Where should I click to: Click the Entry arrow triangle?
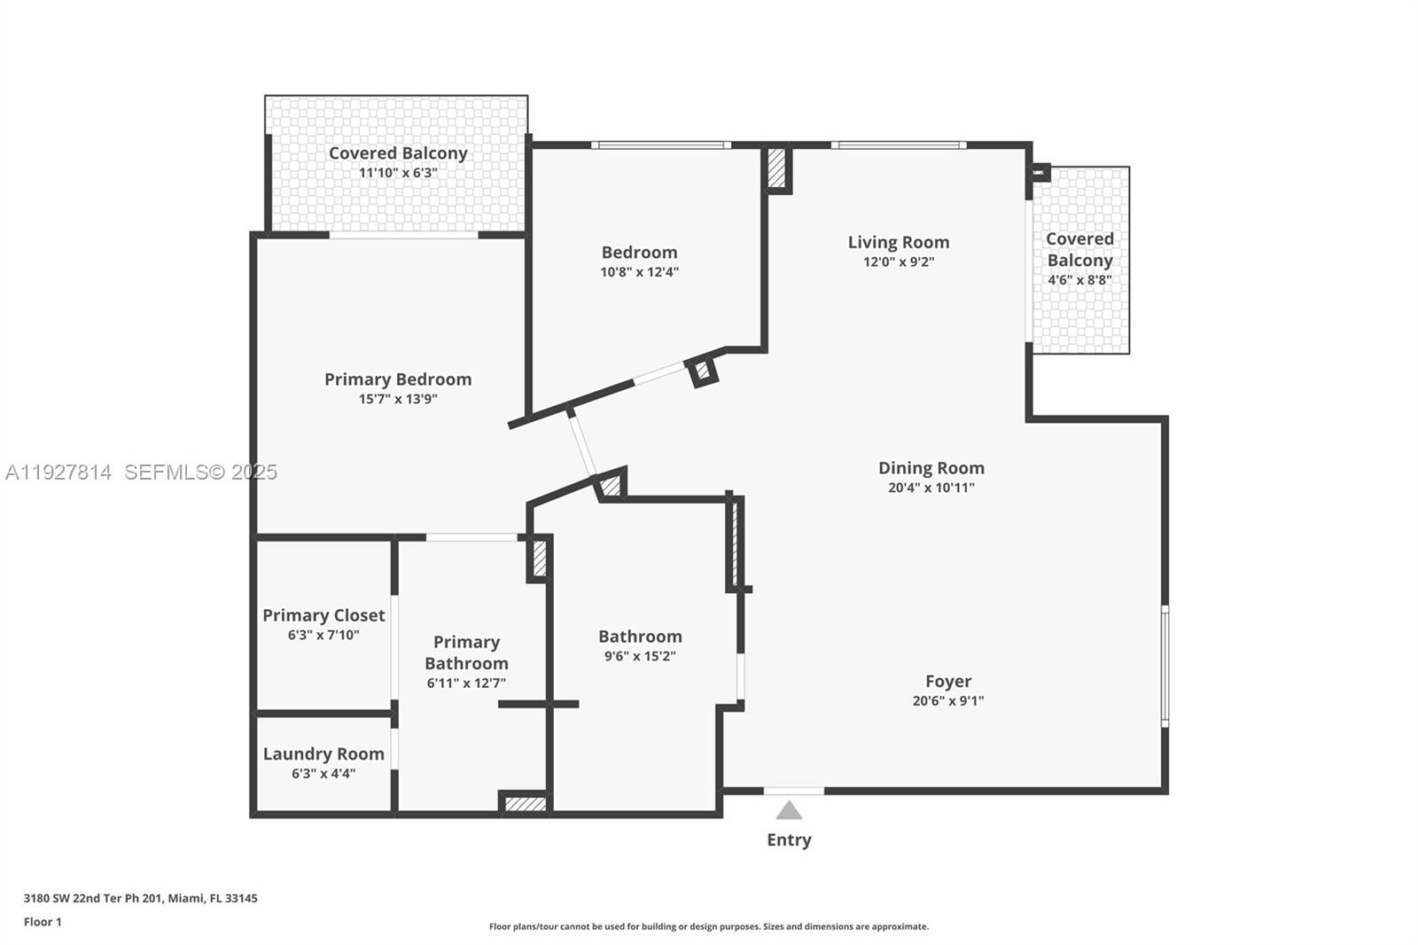(x=789, y=810)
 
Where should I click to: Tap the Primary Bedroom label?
(x=398, y=379)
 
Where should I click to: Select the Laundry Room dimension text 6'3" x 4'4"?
(x=323, y=774)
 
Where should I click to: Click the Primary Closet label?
(x=323, y=615)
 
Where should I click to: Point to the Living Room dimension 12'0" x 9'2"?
(x=899, y=262)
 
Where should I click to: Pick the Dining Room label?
(x=931, y=468)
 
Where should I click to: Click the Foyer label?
(x=948, y=681)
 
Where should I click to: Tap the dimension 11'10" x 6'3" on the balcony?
(x=398, y=173)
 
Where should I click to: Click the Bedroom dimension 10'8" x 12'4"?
(x=639, y=273)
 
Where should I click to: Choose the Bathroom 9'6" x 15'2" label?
(x=640, y=637)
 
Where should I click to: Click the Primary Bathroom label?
(x=466, y=652)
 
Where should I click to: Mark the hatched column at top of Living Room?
(x=776, y=168)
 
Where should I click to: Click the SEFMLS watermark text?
(x=200, y=472)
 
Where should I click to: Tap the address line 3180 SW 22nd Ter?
(x=140, y=898)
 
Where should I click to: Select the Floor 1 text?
(x=43, y=922)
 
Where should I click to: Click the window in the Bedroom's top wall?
(x=661, y=144)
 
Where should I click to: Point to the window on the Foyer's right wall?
(x=1165, y=666)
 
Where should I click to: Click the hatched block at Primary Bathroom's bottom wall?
(x=525, y=804)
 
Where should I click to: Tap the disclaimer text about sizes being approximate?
(x=709, y=927)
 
